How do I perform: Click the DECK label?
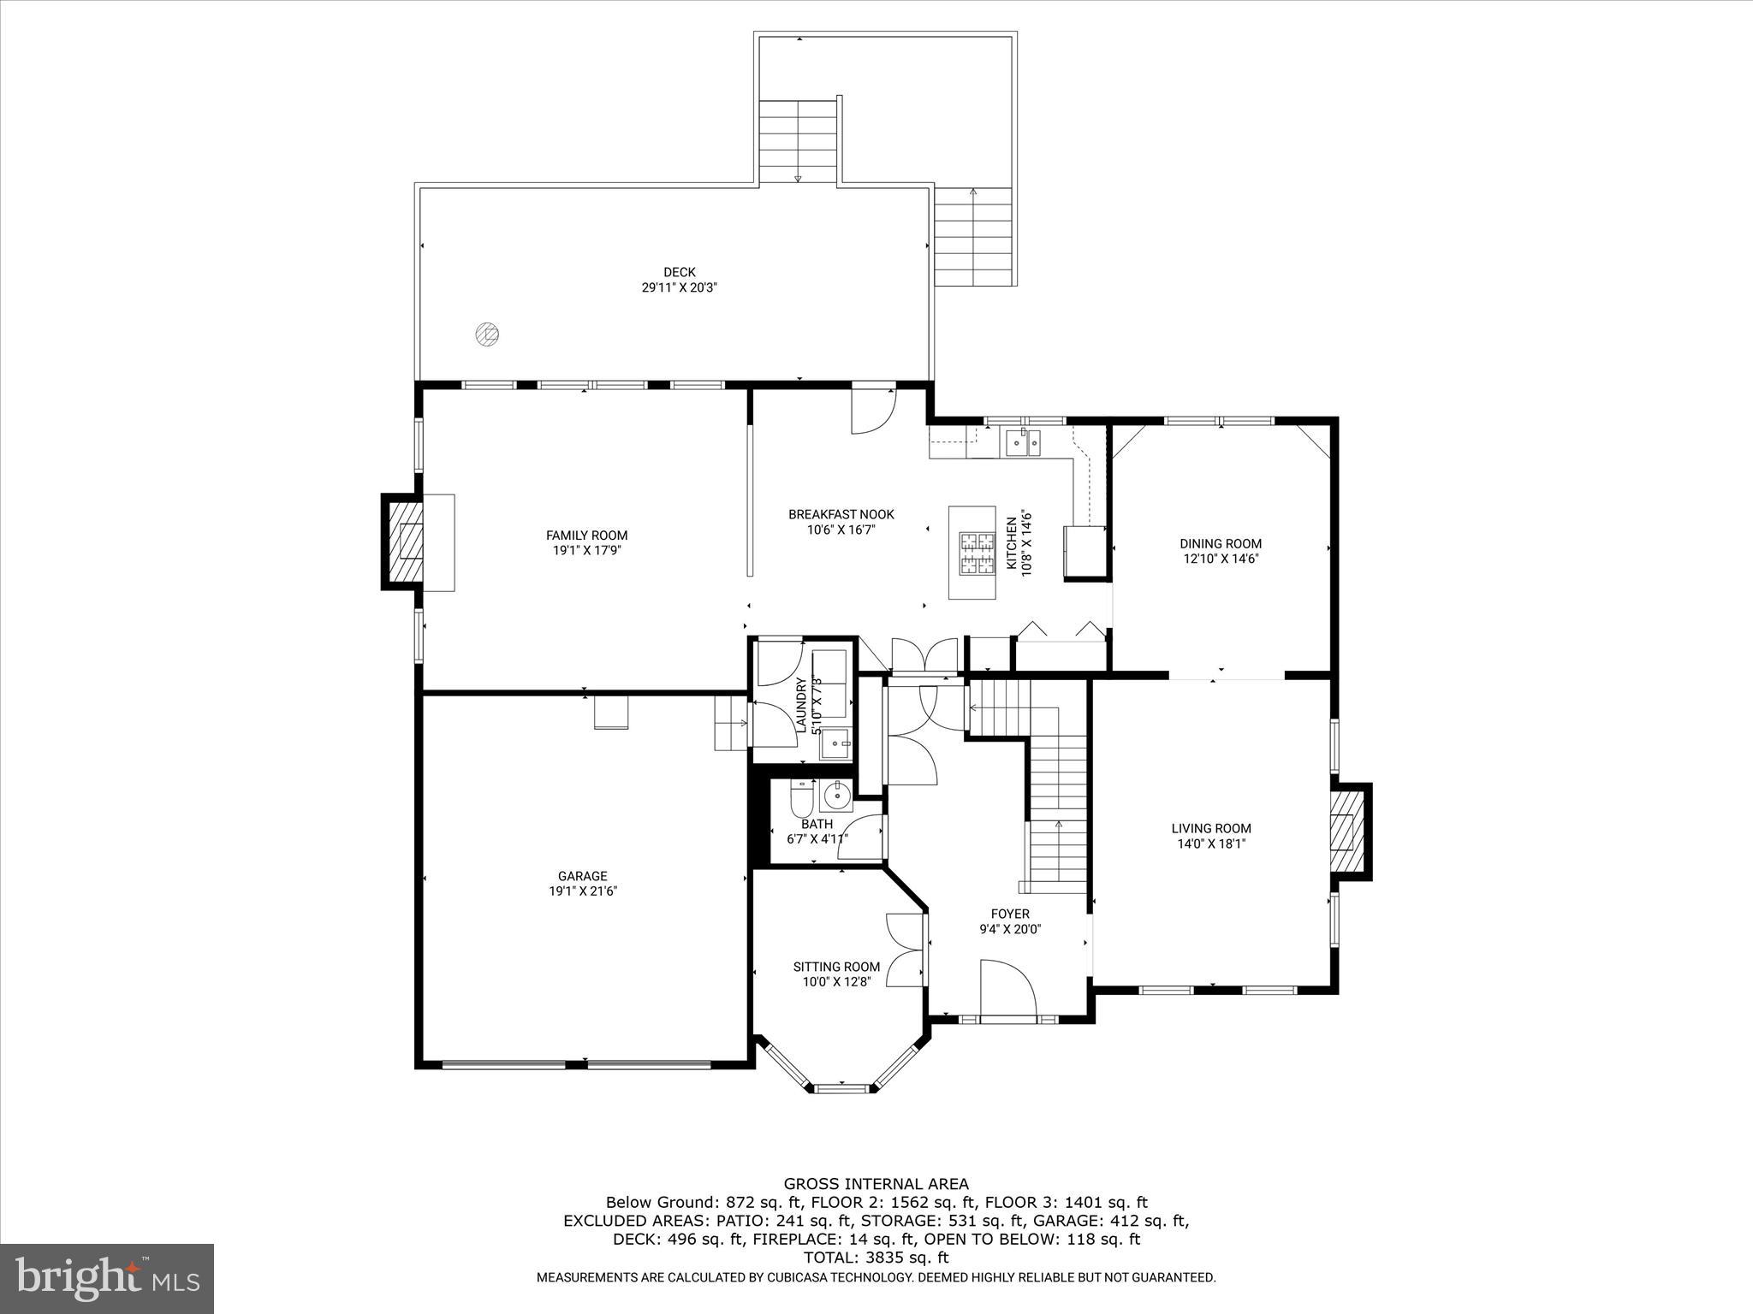click(x=679, y=272)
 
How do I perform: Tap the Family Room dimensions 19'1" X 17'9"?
click(x=586, y=551)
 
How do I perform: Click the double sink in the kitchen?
click(x=1023, y=442)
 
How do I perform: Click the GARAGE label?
click(x=582, y=876)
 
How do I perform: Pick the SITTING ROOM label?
click(x=836, y=967)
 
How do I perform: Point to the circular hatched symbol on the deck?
click(x=487, y=334)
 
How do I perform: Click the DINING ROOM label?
click(x=1220, y=543)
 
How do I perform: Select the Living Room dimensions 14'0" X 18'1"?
click(x=1211, y=843)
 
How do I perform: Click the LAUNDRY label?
click(x=801, y=705)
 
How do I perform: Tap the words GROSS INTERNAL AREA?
click(x=876, y=1184)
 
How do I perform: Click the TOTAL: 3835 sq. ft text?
click(x=876, y=1258)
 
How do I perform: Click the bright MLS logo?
click(x=107, y=1278)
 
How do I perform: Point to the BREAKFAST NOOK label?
click(x=841, y=514)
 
